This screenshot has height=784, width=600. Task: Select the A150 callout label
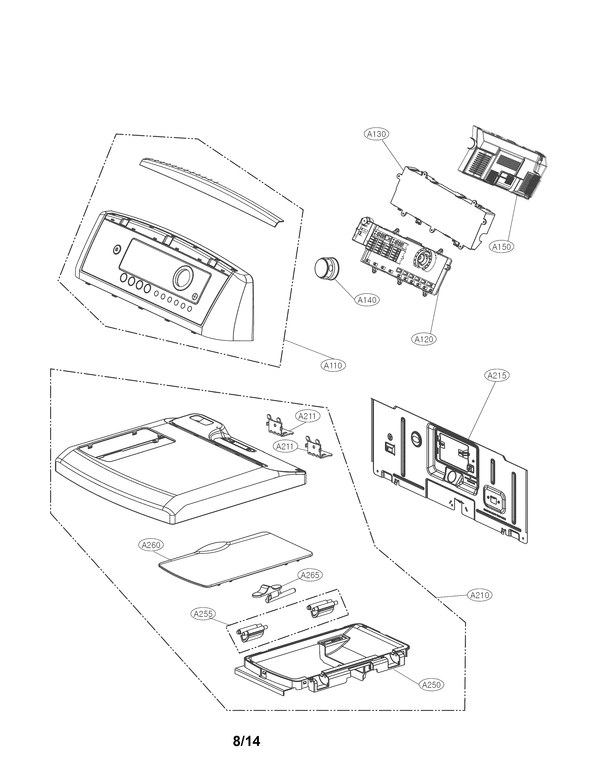coord(501,246)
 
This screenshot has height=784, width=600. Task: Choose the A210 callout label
coord(480,595)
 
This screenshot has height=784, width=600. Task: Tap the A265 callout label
coord(310,575)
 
